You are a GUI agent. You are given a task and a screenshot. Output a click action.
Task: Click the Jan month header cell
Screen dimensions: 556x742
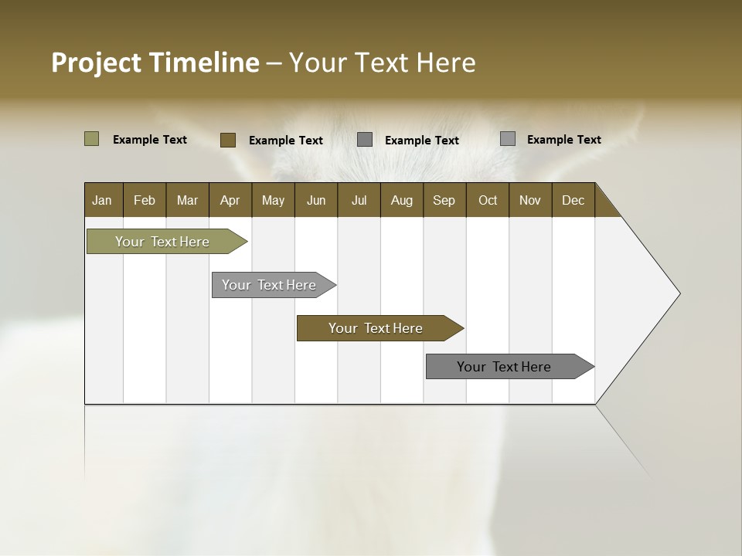103,200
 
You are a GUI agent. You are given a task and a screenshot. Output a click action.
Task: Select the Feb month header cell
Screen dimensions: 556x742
145,200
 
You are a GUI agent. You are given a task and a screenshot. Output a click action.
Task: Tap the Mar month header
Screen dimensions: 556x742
187,200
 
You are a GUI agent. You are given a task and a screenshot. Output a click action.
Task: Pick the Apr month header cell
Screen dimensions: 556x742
230,200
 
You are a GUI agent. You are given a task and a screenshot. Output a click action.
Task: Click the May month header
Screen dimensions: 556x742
273,200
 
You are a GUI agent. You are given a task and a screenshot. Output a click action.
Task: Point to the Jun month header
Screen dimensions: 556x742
316,200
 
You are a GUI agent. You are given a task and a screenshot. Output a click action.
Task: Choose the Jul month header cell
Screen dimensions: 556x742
359,200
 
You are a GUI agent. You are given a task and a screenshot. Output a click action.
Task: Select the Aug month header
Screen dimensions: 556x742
402,200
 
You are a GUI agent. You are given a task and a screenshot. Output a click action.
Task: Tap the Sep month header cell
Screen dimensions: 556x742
444,200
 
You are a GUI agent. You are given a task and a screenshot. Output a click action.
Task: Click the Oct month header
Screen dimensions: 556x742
488,200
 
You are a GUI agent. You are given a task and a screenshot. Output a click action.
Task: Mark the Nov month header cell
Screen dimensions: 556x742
530,200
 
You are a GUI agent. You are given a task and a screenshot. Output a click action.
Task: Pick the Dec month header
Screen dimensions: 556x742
574,200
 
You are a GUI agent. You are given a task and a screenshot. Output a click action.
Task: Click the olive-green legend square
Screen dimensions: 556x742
92,139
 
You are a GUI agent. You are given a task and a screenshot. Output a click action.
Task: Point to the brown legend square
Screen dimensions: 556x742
228,140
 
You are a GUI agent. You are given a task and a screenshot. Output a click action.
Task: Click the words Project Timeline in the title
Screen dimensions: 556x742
155,63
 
